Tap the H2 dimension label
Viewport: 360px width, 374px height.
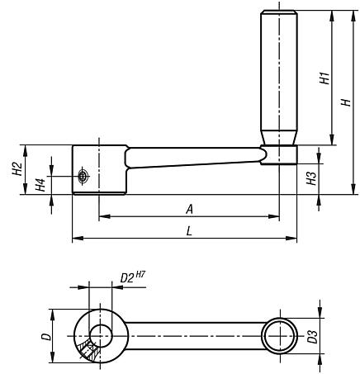[x=17, y=169]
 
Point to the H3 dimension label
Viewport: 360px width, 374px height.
[x=312, y=178]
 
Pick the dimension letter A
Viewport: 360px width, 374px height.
[x=190, y=210]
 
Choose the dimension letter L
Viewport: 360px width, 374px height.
[x=190, y=232]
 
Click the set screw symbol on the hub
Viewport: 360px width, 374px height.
[x=83, y=175]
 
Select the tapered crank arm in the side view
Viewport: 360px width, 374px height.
[x=194, y=158]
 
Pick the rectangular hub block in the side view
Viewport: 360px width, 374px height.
[x=99, y=169]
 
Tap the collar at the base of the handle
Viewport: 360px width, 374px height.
[x=280, y=155]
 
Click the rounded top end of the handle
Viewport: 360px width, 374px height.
[x=280, y=14]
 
